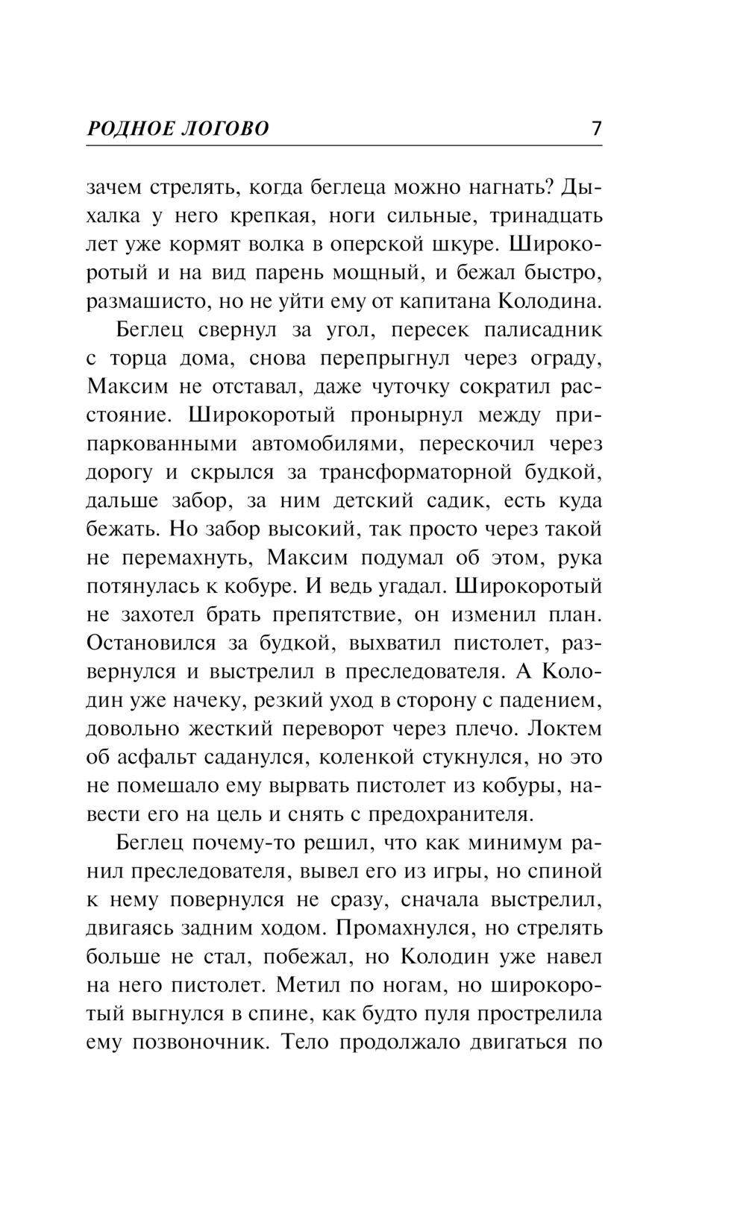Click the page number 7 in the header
click(595, 129)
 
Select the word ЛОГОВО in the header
click(226, 130)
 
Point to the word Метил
click(304, 985)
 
